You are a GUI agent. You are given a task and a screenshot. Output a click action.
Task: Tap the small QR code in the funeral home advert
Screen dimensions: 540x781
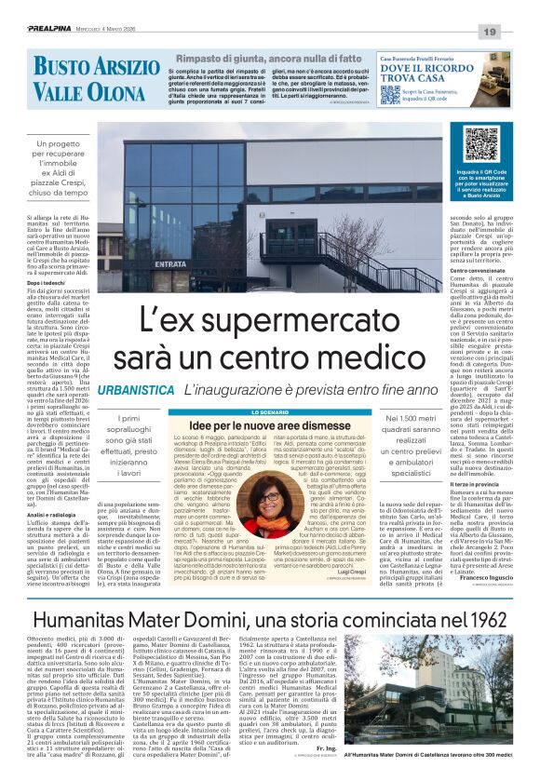coord(501,88)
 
